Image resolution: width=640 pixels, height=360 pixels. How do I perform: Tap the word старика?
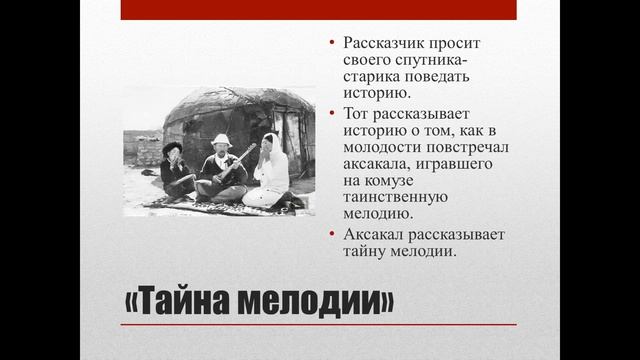(x=371, y=76)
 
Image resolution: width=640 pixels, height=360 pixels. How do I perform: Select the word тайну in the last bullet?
(x=365, y=251)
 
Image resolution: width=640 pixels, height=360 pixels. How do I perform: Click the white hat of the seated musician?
(x=221, y=140)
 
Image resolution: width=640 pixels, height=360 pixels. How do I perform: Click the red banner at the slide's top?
(x=318, y=9)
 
